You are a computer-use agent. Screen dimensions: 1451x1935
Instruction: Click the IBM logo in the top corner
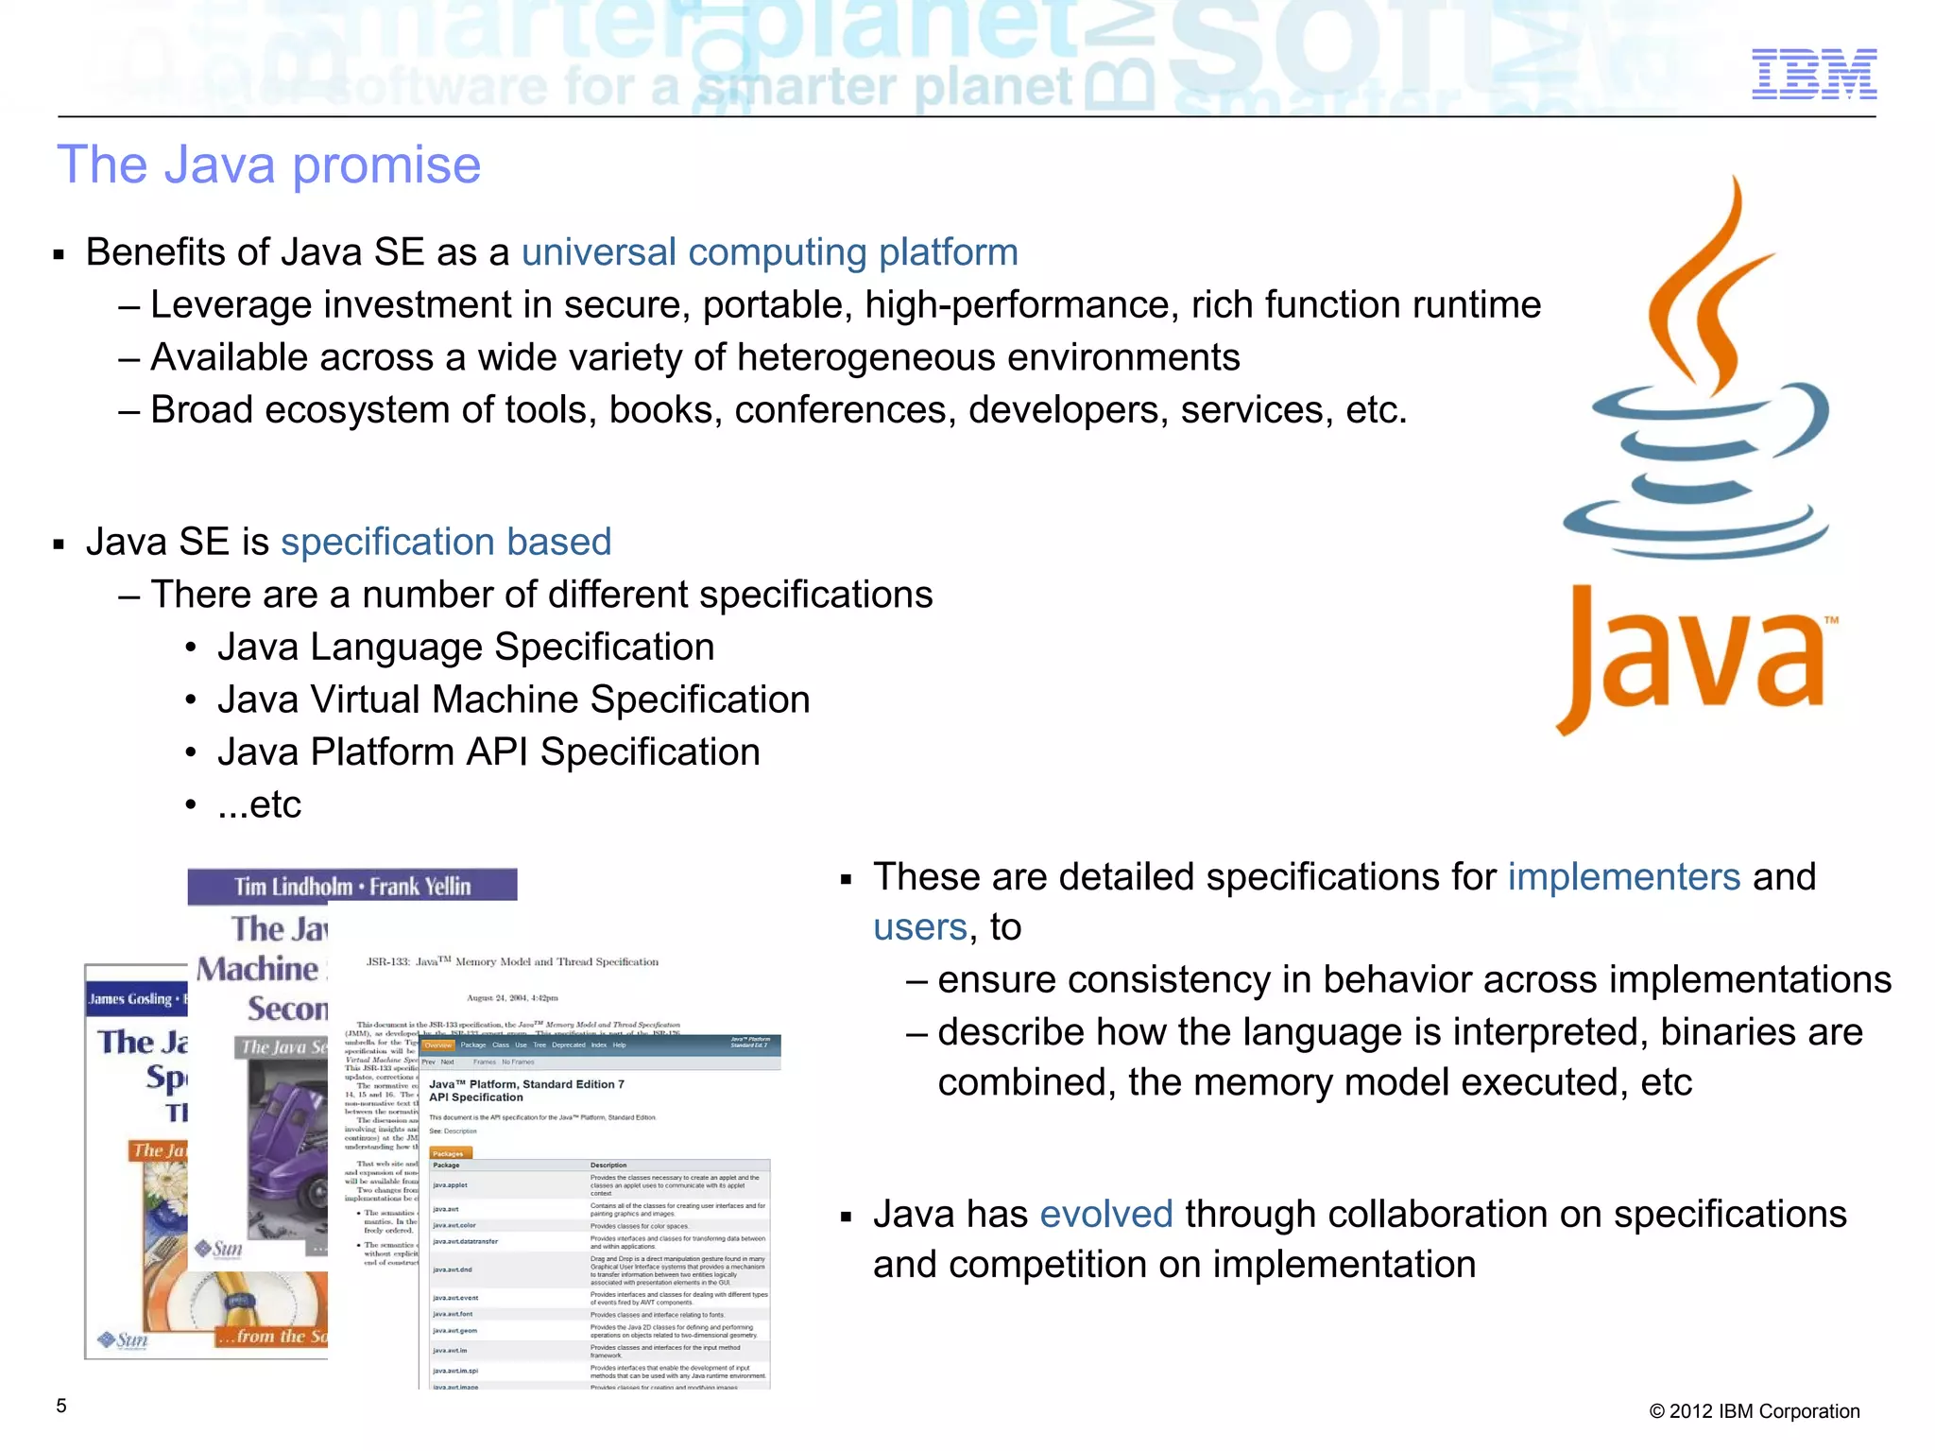pyautogui.click(x=1813, y=74)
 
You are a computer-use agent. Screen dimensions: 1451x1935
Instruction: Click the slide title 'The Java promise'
pyautogui.click(x=269, y=165)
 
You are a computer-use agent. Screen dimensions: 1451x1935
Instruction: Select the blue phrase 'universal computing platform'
pyautogui.click(x=769, y=252)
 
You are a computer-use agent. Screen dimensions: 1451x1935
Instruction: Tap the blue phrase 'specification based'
pyautogui.click(x=446, y=542)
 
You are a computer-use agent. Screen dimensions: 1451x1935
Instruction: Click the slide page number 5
pyautogui.click(x=61, y=1406)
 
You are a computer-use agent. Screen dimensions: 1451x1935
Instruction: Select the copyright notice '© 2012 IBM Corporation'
pyautogui.click(x=1754, y=1411)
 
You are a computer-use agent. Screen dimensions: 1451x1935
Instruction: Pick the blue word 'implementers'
pyautogui.click(x=1623, y=877)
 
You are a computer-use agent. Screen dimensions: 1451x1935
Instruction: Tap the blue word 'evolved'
pyautogui.click(x=1105, y=1214)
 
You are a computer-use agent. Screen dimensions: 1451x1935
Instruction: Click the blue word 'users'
pyautogui.click(x=919, y=927)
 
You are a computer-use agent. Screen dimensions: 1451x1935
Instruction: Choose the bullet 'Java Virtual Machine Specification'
pyautogui.click(x=513, y=700)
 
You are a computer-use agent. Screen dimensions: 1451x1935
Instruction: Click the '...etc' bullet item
pyautogui.click(x=259, y=804)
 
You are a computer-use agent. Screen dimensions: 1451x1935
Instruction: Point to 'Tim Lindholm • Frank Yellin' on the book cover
pyautogui.click(x=351, y=886)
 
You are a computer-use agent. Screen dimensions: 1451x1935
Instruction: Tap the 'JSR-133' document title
pyautogui.click(x=512, y=962)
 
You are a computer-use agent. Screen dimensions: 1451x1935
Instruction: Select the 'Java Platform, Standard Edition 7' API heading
pyautogui.click(x=526, y=1084)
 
